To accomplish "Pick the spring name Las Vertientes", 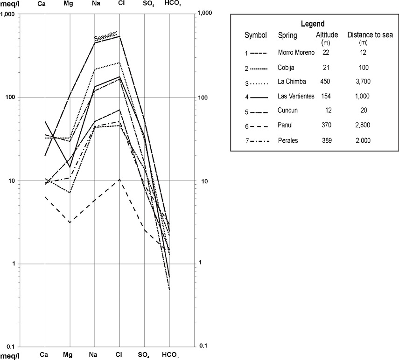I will [x=296, y=96].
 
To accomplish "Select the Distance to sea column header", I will [x=370, y=35].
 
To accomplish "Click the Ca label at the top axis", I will [x=44, y=4].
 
